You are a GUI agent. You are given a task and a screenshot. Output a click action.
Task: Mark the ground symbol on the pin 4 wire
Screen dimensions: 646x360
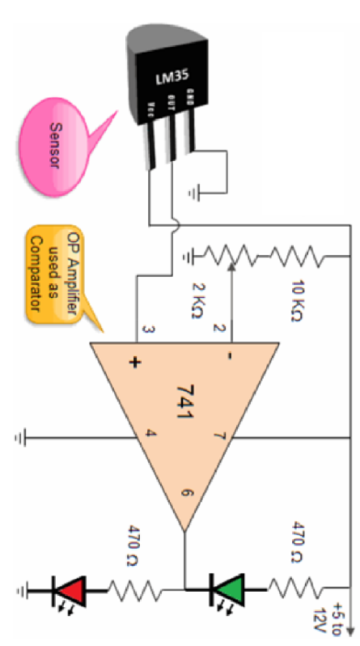(x=20, y=438)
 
